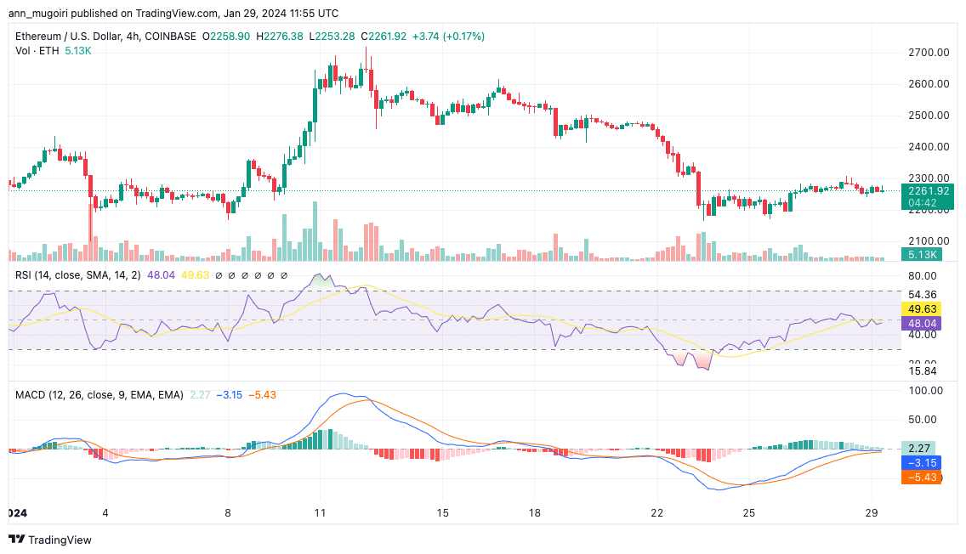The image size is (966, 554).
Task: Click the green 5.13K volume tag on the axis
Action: [922, 254]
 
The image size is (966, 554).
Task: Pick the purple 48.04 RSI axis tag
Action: [922, 324]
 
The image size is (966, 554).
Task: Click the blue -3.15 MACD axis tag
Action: [922, 463]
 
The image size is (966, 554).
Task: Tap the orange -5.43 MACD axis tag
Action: [922, 478]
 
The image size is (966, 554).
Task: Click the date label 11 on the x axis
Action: [320, 513]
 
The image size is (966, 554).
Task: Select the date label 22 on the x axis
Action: [656, 513]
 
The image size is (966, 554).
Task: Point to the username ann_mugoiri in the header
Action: [37, 14]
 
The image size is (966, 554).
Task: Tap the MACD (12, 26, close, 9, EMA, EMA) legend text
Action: [98, 394]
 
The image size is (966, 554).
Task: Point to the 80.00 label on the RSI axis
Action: [922, 276]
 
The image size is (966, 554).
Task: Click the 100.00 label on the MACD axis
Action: [925, 391]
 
